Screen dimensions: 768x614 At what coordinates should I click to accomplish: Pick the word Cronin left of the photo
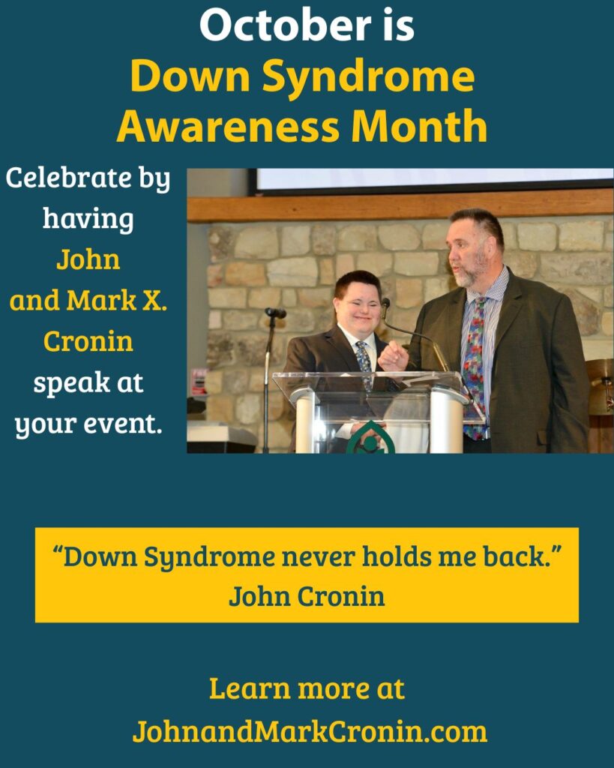click(88, 341)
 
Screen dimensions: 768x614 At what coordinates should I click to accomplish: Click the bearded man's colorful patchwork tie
click(474, 360)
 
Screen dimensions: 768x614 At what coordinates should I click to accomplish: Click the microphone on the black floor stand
click(276, 313)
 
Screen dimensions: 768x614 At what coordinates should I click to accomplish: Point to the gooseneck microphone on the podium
click(385, 304)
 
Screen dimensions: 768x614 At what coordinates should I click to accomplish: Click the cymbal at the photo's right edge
click(601, 379)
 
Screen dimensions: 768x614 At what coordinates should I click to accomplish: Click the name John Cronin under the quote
click(307, 596)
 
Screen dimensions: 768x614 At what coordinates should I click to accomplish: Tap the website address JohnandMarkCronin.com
click(310, 731)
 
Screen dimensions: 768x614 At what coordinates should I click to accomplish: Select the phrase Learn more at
click(307, 688)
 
